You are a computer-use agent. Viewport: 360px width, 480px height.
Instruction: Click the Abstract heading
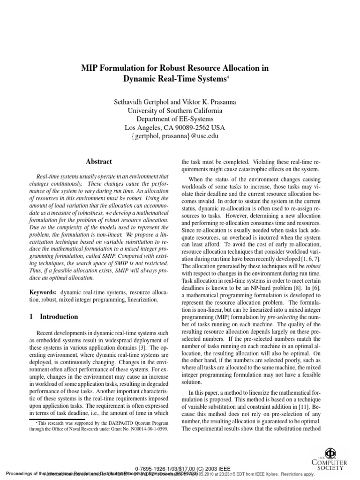tap(98, 162)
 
